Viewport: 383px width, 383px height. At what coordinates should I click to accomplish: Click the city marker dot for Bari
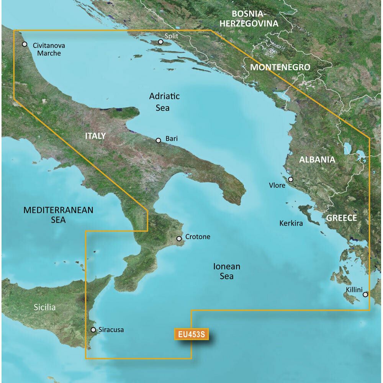(x=159, y=141)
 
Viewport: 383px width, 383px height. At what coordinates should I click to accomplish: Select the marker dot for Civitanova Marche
(x=25, y=44)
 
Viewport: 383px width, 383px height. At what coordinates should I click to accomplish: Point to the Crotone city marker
(x=179, y=239)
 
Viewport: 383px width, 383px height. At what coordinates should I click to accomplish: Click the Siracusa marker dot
(x=93, y=329)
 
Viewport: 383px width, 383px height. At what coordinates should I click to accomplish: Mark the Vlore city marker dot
(x=291, y=179)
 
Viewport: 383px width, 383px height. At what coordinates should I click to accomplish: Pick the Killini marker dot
(x=365, y=295)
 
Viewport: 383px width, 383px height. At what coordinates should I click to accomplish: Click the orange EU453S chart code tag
(x=191, y=334)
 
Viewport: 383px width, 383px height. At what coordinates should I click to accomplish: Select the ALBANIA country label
(x=317, y=160)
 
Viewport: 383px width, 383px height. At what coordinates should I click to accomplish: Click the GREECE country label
(x=342, y=218)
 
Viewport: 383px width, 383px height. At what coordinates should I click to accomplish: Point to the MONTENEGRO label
(x=280, y=67)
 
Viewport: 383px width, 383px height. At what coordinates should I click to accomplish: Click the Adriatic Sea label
(x=164, y=102)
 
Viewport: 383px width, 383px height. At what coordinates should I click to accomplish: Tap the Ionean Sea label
(x=227, y=271)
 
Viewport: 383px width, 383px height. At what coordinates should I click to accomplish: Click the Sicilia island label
(x=44, y=307)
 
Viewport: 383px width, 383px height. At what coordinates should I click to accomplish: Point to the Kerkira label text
(x=291, y=223)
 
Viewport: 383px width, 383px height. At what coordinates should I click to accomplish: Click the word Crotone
(x=198, y=237)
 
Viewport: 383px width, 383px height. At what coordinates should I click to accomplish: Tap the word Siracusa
(x=111, y=329)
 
